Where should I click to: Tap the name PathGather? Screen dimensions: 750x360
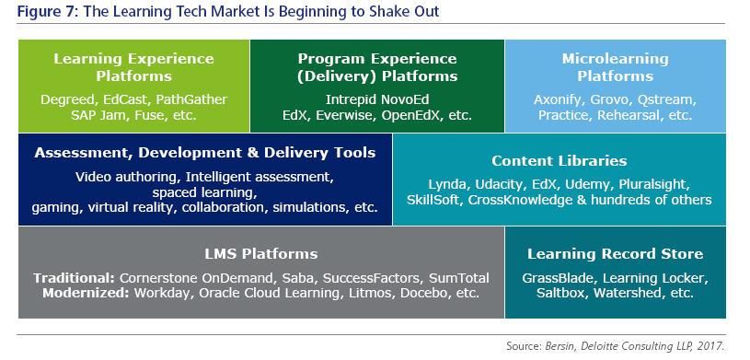pyautogui.click(x=191, y=99)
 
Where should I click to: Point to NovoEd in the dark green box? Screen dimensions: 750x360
pyautogui.click(x=405, y=99)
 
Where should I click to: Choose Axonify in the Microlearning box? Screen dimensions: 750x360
pyautogui.click(x=560, y=100)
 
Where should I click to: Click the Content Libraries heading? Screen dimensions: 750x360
pyautogui.click(x=560, y=161)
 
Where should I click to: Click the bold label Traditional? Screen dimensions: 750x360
pyautogui.click(x=75, y=278)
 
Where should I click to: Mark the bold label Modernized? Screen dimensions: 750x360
pyautogui.click(x=86, y=293)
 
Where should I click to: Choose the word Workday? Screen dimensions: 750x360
pyautogui.click(x=162, y=293)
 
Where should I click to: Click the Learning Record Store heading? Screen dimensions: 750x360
pyautogui.click(x=615, y=254)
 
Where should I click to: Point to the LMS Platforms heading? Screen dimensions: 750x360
pyautogui.click(x=261, y=254)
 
